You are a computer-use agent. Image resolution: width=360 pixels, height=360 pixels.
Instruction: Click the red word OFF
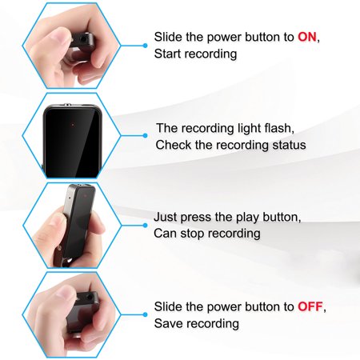coord(310,306)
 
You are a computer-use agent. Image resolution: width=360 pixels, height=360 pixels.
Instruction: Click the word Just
coord(166,217)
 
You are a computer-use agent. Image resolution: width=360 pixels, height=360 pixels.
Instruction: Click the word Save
coord(168,323)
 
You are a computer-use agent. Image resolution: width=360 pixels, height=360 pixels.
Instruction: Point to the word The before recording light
coord(167,128)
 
